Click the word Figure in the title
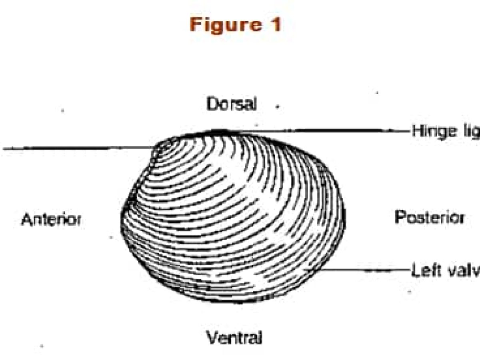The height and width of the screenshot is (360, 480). point(222,25)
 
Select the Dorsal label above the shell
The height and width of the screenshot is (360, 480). point(231,104)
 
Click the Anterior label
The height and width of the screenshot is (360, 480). point(51,220)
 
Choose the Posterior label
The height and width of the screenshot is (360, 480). point(430,218)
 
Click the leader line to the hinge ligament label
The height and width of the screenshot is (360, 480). point(320,130)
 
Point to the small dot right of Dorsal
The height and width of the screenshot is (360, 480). point(277,107)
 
